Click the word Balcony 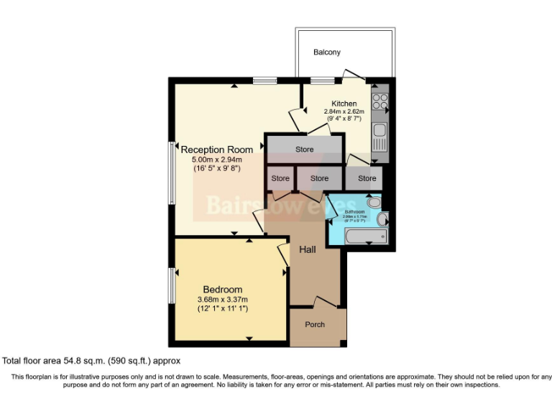326,52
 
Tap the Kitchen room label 344,103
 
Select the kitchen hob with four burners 380,101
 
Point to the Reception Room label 216,149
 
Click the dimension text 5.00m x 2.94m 216,160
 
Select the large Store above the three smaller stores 305,149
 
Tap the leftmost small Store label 280,178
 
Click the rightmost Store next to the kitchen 367,178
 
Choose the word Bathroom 354,212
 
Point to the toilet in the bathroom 374,204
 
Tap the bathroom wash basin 382,220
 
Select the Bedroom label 221,290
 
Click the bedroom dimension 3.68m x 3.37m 222,300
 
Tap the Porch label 315,324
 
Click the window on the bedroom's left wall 172,286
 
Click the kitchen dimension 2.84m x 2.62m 344,111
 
